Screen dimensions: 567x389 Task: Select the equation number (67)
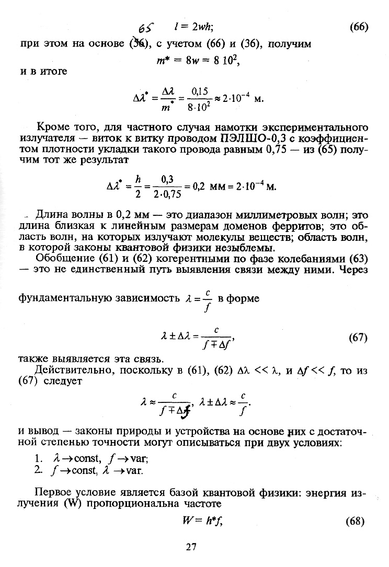pos(358,338)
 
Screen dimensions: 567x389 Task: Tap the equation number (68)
pos(358,522)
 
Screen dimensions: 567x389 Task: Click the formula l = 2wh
pos(193,28)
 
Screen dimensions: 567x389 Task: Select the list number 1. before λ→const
pos(38,458)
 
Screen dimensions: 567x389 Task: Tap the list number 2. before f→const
pos(38,469)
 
